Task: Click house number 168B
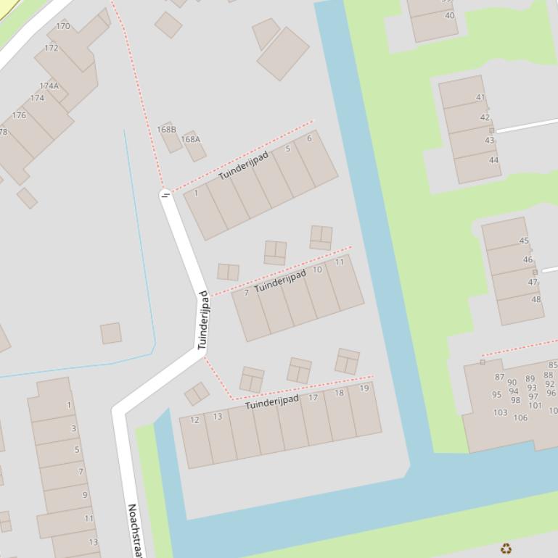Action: [x=167, y=130]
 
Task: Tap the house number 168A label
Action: [x=191, y=139]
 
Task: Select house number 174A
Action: [x=49, y=86]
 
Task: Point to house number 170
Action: [x=63, y=26]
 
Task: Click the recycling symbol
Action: [x=506, y=549]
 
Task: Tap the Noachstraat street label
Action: [x=134, y=529]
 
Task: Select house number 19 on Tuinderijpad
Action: [x=364, y=388]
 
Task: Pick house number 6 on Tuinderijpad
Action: [x=309, y=138]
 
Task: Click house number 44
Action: [x=494, y=160]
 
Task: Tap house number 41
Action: [x=480, y=97]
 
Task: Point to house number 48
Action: [x=536, y=299]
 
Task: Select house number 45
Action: [x=524, y=241]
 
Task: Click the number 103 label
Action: [x=501, y=412]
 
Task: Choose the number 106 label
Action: [x=520, y=417]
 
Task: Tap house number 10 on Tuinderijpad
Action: [x=317, y=270]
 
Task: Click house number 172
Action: [x=51, y=49]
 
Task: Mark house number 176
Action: [x=19, y=115]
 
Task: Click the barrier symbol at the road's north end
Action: [x=165, y=194]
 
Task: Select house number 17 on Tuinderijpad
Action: [x=313, y=397]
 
